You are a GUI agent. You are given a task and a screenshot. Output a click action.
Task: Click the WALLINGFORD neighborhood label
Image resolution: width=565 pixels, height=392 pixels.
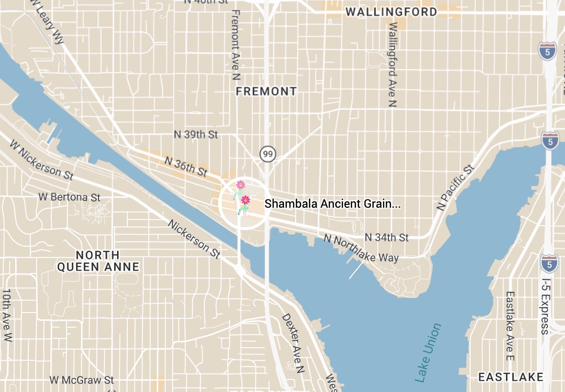[391, 12]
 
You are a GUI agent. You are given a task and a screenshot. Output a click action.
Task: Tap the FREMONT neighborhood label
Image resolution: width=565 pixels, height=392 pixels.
[266, 91]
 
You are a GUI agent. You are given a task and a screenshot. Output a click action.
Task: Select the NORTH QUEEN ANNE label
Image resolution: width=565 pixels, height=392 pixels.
[98, 261]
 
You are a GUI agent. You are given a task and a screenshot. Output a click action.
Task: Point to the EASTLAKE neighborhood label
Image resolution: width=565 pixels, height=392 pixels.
[510, 377]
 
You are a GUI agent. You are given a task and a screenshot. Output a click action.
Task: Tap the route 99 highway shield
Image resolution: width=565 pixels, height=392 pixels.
[267, 154]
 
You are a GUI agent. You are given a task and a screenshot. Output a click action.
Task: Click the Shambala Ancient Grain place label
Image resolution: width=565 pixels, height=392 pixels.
[332, 204]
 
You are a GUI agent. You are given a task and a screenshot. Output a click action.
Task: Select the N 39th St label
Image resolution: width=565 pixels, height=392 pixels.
[196, 134]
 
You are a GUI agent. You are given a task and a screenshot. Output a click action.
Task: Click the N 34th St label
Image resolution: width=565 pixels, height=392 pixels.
[386, 237]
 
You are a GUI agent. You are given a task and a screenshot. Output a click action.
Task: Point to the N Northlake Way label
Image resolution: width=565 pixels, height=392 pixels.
[361, 248]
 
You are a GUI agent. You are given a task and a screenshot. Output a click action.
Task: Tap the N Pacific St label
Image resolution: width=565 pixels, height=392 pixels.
[455, 188]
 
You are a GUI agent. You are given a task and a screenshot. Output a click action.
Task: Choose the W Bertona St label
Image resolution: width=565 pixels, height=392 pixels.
[69, 197]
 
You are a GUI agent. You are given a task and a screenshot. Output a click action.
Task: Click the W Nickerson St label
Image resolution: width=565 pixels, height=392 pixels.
[41, 159]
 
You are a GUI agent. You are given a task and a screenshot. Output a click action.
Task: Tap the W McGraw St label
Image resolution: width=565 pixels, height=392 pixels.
[81, 379]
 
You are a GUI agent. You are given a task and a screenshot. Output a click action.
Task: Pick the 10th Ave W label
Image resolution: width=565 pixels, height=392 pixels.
[7, 315]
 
